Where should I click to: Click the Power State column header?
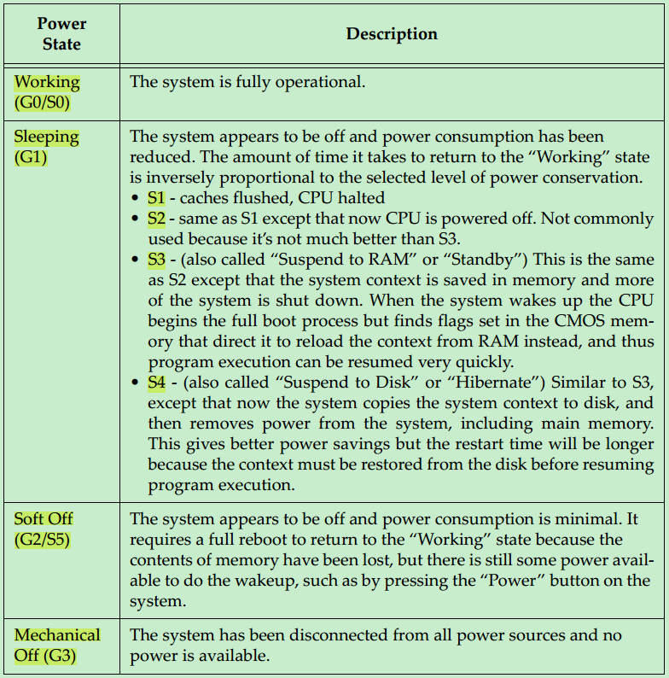(x=61, y=34)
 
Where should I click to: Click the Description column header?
(x=392, y=34)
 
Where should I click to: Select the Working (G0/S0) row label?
(x=47, y=92)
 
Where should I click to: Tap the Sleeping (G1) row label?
(x=46, y=146)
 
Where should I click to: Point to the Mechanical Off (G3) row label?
(x=56, y=645)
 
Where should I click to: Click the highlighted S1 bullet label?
(x=156, y=197)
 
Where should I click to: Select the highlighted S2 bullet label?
(x=156, y=219)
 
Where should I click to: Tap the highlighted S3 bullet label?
(x=156, y=260)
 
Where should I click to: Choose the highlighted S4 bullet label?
(x=156, y=383)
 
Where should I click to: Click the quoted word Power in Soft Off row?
(x=510, y=581)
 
